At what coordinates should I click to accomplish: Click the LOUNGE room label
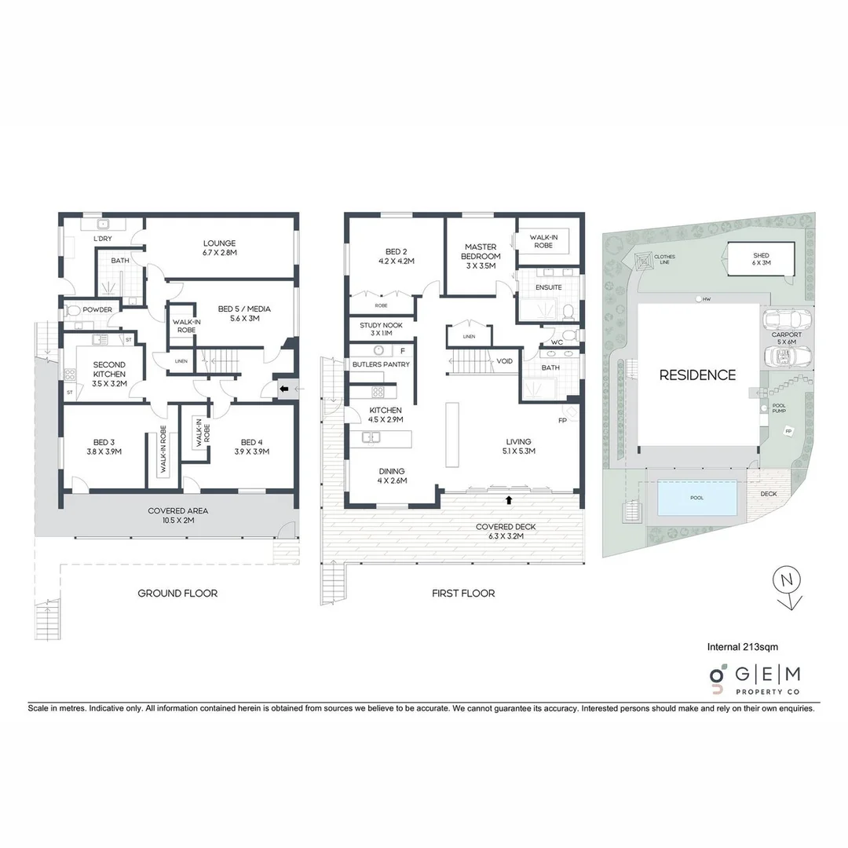click(219, 248)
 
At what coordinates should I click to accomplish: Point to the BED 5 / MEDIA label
click(243, 314)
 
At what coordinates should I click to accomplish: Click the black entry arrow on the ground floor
click(282, 388)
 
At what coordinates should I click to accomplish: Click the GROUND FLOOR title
click(177, 594)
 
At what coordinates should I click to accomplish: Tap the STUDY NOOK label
click(380, 329)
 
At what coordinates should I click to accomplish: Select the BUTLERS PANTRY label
click(380, 364)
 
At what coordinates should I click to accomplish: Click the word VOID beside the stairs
click(505, 361)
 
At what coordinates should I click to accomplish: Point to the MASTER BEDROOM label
click(481, 252)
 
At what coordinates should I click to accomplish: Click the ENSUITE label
click(549, 287)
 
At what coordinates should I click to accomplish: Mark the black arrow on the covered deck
click(509, 499)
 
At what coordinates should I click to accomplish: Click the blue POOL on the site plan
click(696, 499)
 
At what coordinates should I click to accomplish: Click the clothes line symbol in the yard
click(644, 260)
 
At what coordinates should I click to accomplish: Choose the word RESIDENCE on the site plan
click(697, 375)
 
